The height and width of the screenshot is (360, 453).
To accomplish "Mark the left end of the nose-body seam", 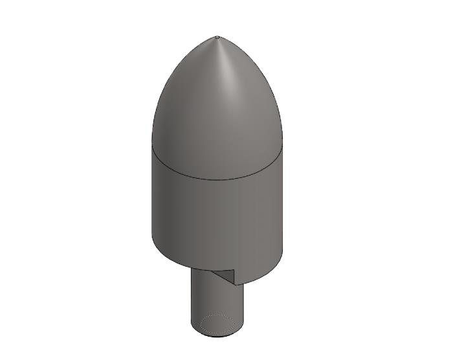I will pos(152,144).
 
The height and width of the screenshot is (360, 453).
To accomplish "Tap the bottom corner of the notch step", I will pos(237,284).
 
